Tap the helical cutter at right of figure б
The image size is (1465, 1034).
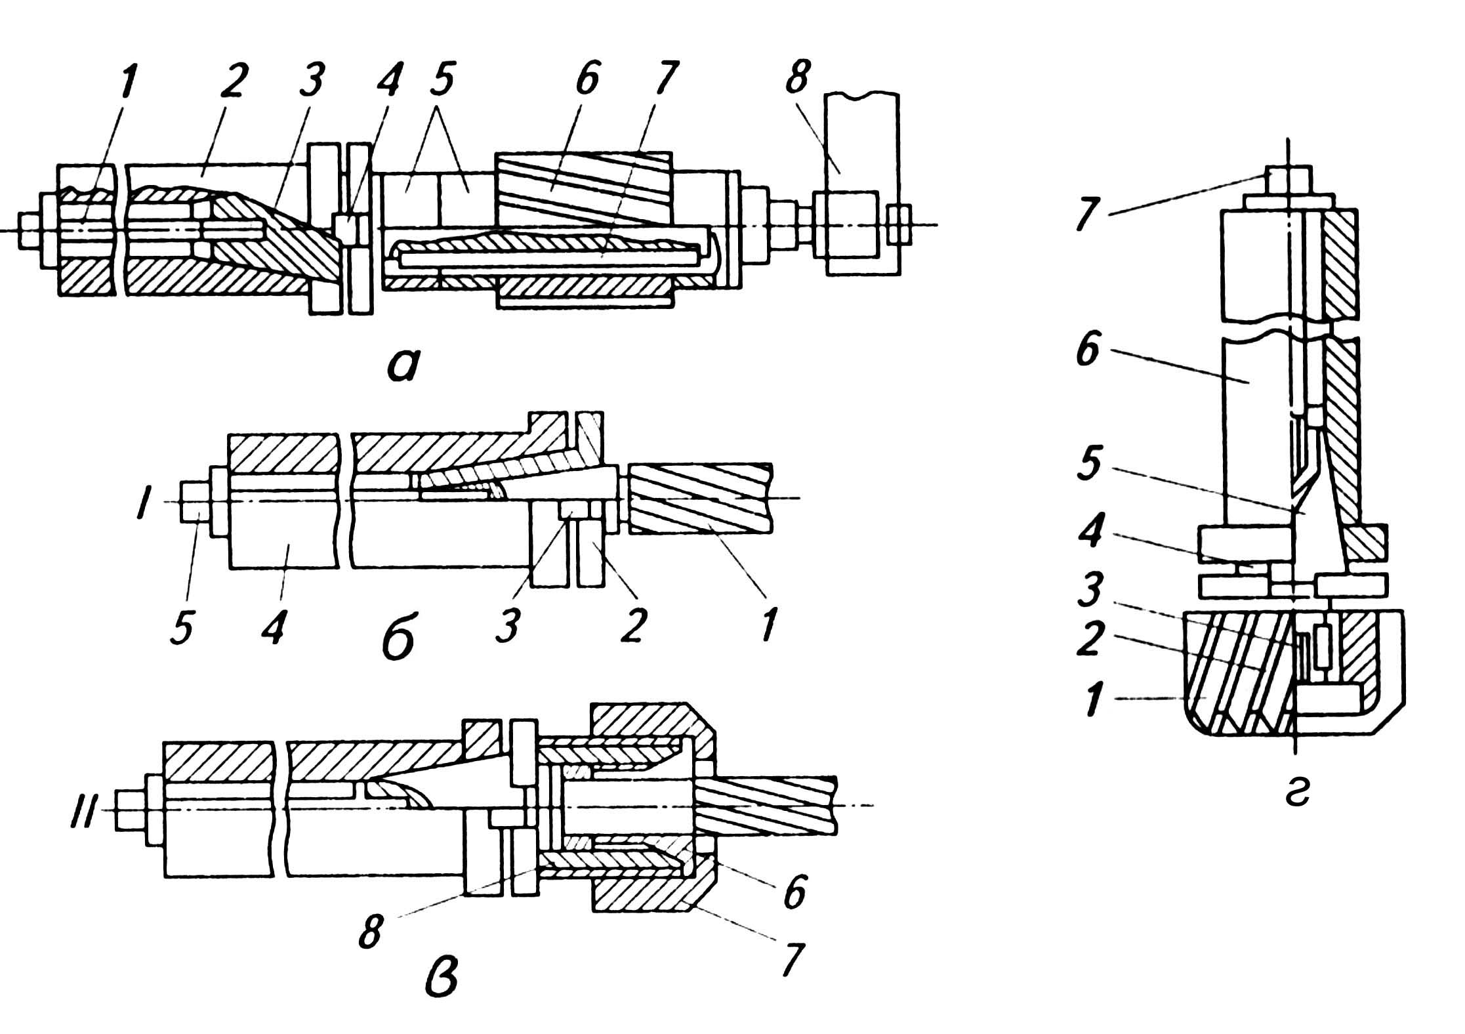tap(701, 497)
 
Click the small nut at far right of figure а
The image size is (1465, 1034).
tap(898, 226)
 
